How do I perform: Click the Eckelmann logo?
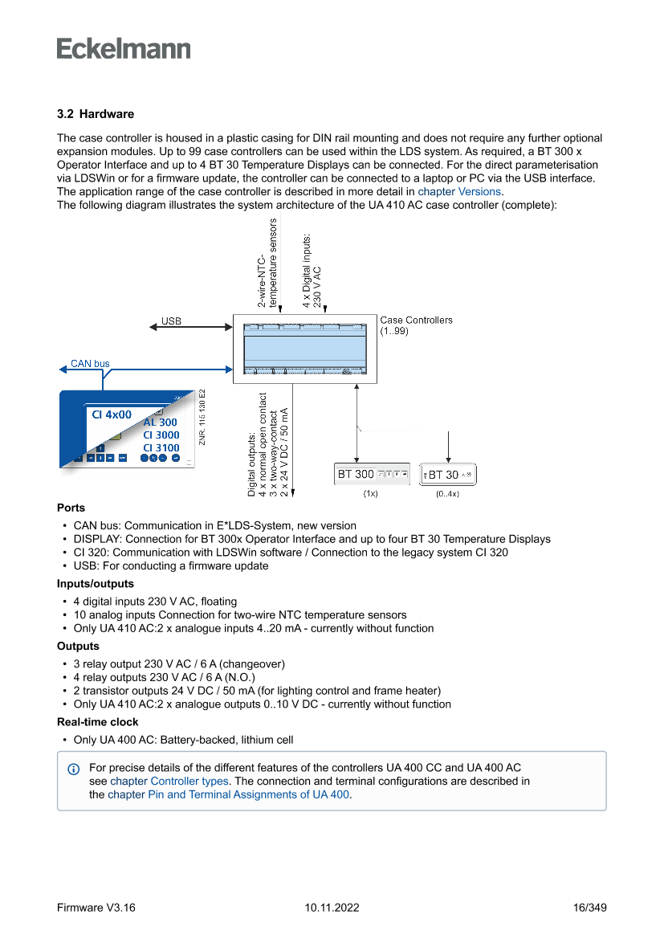(x=124, y=49)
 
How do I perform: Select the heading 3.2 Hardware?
(x=96, y=114)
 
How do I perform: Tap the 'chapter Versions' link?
(x=459, y=192)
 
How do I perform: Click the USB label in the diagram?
(x=171, y=321)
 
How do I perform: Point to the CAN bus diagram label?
(x=90, y=364)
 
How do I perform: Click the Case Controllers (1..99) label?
(x=416, y=325)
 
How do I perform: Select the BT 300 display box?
(x=372, y=475)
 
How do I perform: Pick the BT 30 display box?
(x=449, y=475)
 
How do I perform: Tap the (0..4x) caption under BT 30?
(x=448, y=495)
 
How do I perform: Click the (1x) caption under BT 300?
(x=371, y=495)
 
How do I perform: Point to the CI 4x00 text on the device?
(x=112, y=414)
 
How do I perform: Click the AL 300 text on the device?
(x=161, y=423)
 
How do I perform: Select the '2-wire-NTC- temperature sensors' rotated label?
(x=267, y=263)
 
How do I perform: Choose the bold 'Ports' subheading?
(x=71, y=508)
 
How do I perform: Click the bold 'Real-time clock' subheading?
(x=97, y=722)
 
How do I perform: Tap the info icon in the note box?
(x=74, y=769)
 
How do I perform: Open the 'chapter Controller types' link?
(x=169, y=781)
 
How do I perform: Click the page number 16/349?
(x=589, y=908)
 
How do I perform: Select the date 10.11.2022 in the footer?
(x=332, y=908)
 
